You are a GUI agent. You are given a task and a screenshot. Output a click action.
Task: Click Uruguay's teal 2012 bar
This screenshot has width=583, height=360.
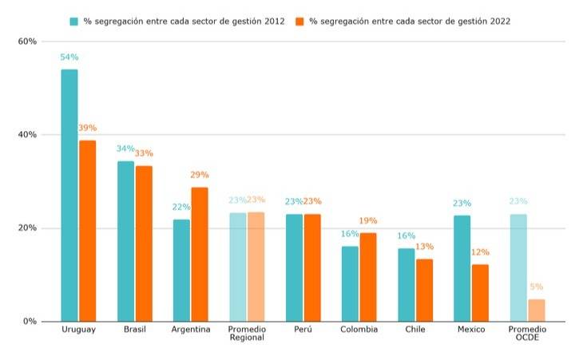pos(69,196)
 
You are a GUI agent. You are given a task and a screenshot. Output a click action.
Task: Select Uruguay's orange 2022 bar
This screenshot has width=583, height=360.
pos(87,231)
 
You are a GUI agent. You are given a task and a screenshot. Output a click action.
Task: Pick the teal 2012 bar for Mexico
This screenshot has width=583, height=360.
pos(462,268)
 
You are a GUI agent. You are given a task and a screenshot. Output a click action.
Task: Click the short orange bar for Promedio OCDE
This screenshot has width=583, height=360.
pos(537,311)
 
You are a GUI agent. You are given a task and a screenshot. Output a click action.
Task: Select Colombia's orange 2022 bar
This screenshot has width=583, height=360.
pos(367,277)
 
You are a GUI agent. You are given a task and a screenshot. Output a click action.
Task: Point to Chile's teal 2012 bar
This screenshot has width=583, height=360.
pos(407,285)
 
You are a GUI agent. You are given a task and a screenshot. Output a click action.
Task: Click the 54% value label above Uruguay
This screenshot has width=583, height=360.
pos(69,57)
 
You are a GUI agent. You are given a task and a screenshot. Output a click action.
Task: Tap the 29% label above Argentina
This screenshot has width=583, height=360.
pos(200,175)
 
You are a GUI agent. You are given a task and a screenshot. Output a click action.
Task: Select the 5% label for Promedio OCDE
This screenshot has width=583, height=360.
pos(537,287)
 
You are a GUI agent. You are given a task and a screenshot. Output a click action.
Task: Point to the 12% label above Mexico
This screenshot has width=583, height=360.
pos(480,252)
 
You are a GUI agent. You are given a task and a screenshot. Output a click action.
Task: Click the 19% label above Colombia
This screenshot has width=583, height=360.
pos(368,220)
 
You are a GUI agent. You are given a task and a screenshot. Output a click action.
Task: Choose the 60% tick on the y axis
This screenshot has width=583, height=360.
pos(28,42)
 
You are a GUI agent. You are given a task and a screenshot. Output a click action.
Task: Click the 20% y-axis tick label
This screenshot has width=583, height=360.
pos(28,228)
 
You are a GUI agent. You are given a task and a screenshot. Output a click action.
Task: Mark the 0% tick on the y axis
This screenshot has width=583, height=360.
pos(30,322)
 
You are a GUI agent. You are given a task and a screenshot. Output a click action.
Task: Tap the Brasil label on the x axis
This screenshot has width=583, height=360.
pos(134,330)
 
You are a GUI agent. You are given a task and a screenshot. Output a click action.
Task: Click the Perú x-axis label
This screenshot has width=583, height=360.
pos(303,330)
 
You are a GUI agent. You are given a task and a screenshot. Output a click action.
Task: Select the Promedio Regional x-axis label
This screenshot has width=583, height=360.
pos(247,334)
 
